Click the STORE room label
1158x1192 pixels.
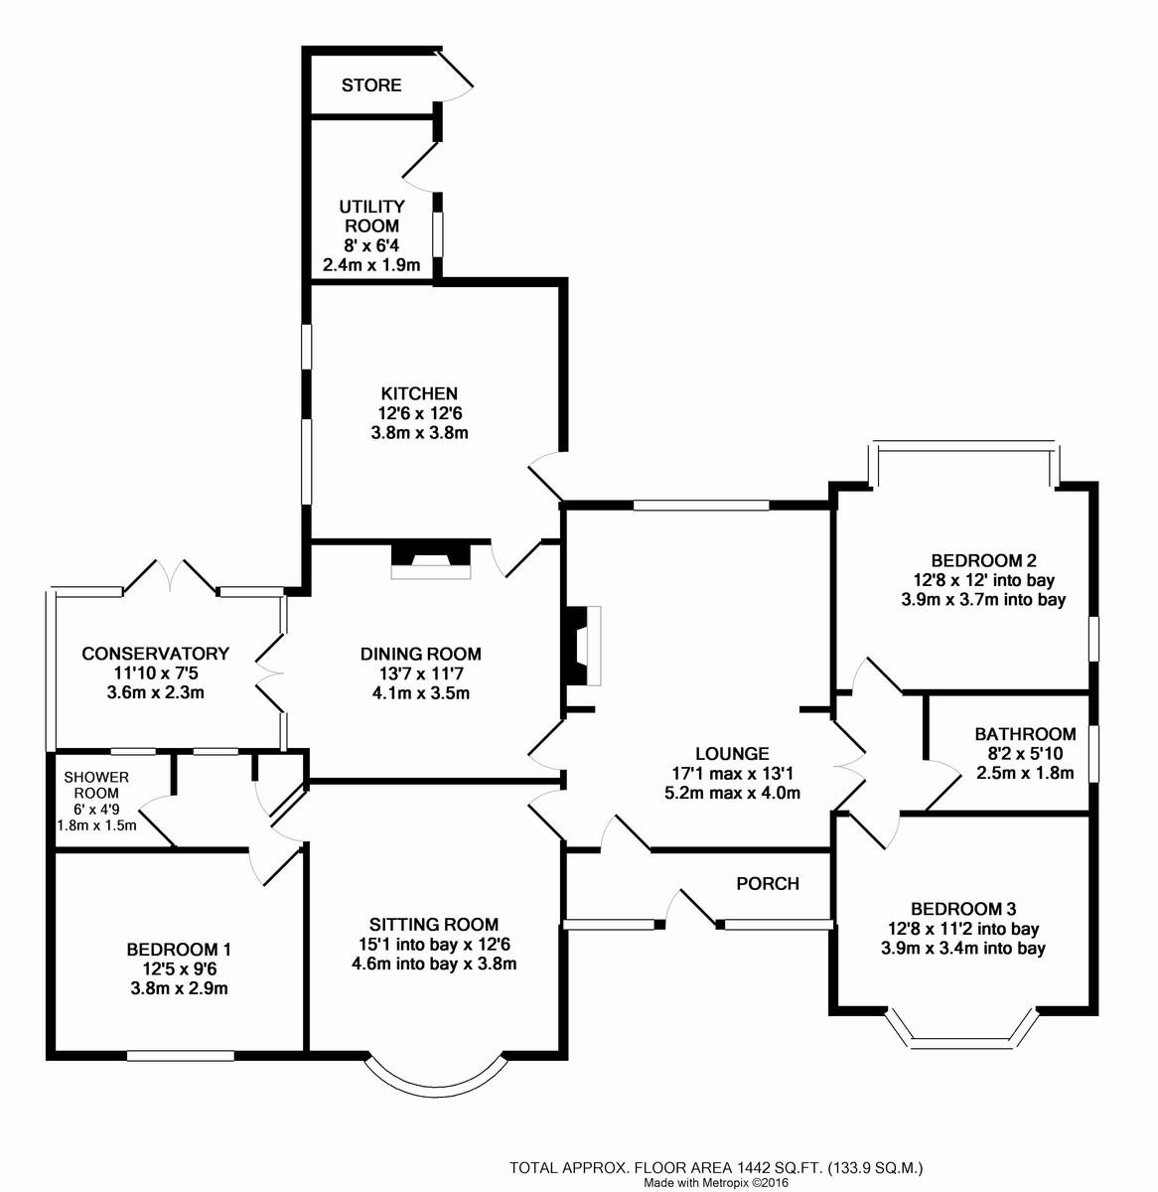pos(371,85)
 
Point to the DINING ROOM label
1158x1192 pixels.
pos(420,654)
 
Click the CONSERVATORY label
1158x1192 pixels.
pos(155,654)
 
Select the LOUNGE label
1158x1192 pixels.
pos(733,754)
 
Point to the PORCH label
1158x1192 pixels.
pos(767,883)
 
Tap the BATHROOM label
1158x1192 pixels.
pos(1025,734)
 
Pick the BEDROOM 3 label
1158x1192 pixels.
pos(962,909)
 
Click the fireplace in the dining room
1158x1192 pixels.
pos(430,560)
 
